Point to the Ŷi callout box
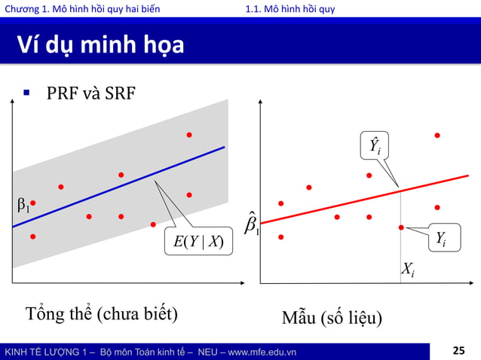click(372, 145)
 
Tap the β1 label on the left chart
click(23, 204)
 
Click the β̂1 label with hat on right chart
click(252, 223)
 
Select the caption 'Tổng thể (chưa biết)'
click(102, 313)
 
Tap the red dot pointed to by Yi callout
click(401, 227)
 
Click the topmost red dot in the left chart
click(189, 135)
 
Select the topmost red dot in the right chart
click(437, 136)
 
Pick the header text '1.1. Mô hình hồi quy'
click(290, 8)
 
